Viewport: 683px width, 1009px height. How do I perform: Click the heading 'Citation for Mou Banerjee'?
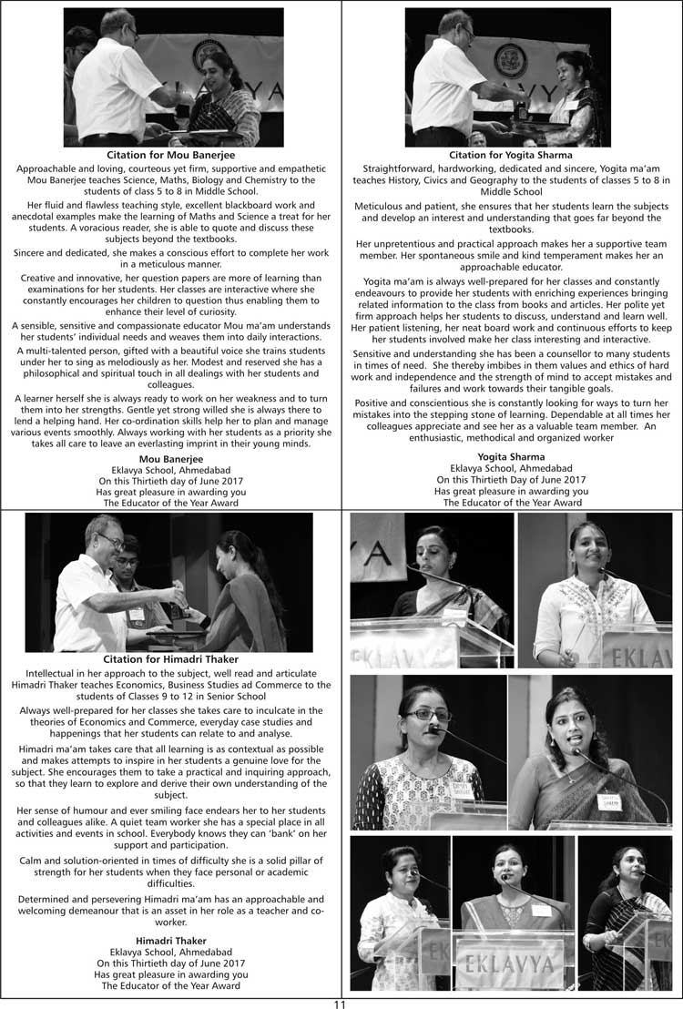click(170, 155)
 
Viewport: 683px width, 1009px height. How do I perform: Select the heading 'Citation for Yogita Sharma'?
click(511, 155)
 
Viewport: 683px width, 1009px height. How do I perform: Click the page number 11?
click(340, 1003)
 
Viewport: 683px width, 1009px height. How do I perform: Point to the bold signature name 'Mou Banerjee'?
click(170, 458)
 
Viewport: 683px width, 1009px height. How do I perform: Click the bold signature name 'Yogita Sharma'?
click(511, 456)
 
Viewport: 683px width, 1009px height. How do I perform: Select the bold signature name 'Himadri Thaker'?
click(170, 940)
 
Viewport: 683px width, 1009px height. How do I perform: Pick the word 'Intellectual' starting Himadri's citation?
click(57, 674)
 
